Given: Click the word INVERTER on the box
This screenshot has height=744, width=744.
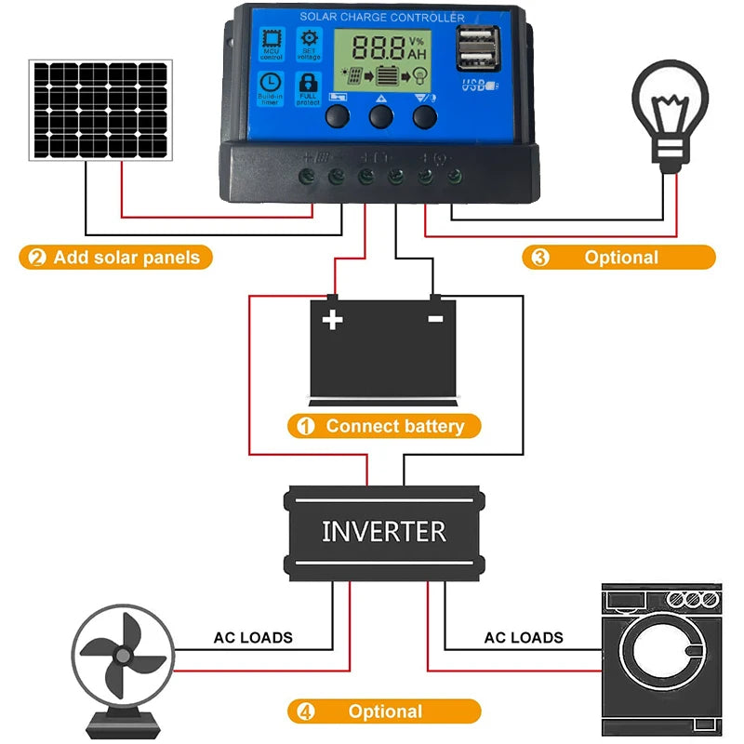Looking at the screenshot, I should click(x=383, y=531).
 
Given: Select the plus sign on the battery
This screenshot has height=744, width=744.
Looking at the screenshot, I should click(x=332, y=320).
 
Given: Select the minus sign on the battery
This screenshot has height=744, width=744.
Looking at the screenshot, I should click(x=434, y=319).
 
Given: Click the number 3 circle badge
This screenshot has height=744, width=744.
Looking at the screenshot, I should click(x=537, y=258).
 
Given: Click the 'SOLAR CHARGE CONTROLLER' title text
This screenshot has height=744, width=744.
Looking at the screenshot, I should click(x=381, y=18).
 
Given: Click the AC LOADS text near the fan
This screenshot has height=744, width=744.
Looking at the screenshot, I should click(x=253, y=638).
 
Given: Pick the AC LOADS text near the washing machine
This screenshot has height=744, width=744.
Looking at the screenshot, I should click(x=523, y=638).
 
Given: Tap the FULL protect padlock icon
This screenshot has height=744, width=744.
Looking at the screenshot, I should click(x=308, y=86).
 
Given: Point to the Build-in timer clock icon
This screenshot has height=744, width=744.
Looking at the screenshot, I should click(x=271, y=86).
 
